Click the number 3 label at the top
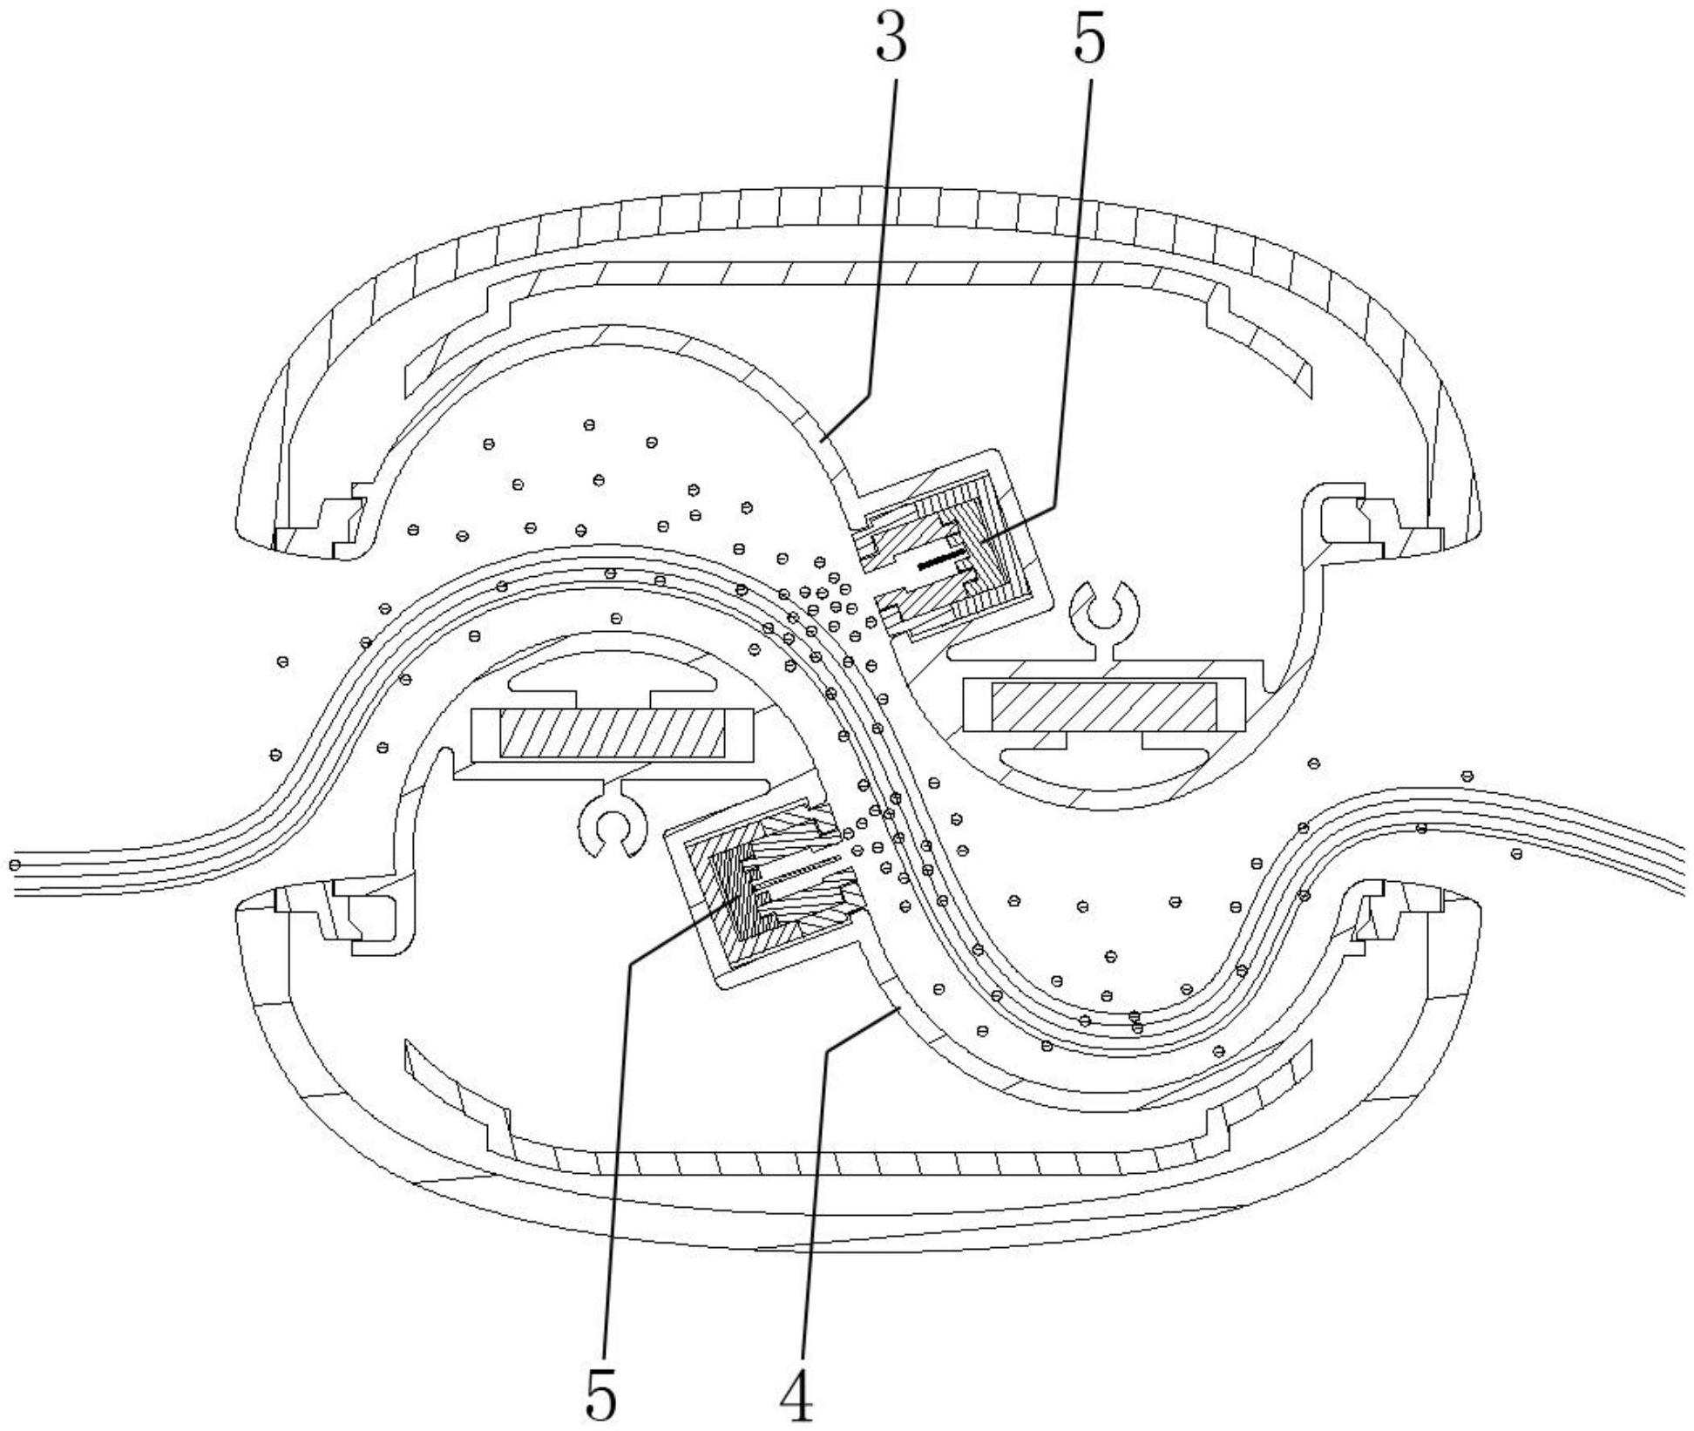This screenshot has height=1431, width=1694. (891, 41)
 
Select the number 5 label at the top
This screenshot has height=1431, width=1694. (1089, 41)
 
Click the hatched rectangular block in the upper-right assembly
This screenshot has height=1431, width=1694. (1104, 707)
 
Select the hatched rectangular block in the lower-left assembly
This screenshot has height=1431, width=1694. (611, 733)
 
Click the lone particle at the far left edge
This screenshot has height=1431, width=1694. (15, 865)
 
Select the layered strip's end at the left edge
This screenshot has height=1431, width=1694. (22, 876)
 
